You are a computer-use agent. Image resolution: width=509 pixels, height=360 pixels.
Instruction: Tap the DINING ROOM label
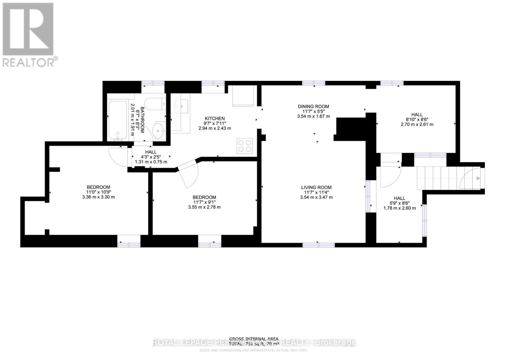[313, 107]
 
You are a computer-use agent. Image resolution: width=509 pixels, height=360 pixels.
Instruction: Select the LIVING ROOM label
[316, 188]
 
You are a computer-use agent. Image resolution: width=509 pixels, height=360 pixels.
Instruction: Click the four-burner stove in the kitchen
[245, 146]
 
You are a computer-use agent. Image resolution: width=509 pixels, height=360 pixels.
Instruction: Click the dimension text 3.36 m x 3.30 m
[98, 197]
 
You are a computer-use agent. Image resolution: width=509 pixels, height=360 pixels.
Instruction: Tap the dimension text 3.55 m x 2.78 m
[204, 207]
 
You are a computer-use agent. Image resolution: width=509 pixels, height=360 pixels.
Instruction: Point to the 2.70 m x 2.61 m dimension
[417, 124]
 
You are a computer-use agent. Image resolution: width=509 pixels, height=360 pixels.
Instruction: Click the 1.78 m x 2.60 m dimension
[399, 208]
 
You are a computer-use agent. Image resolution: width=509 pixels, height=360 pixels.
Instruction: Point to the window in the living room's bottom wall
[318, 245]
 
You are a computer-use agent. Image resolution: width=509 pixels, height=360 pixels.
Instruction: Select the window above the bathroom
[153, 83]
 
